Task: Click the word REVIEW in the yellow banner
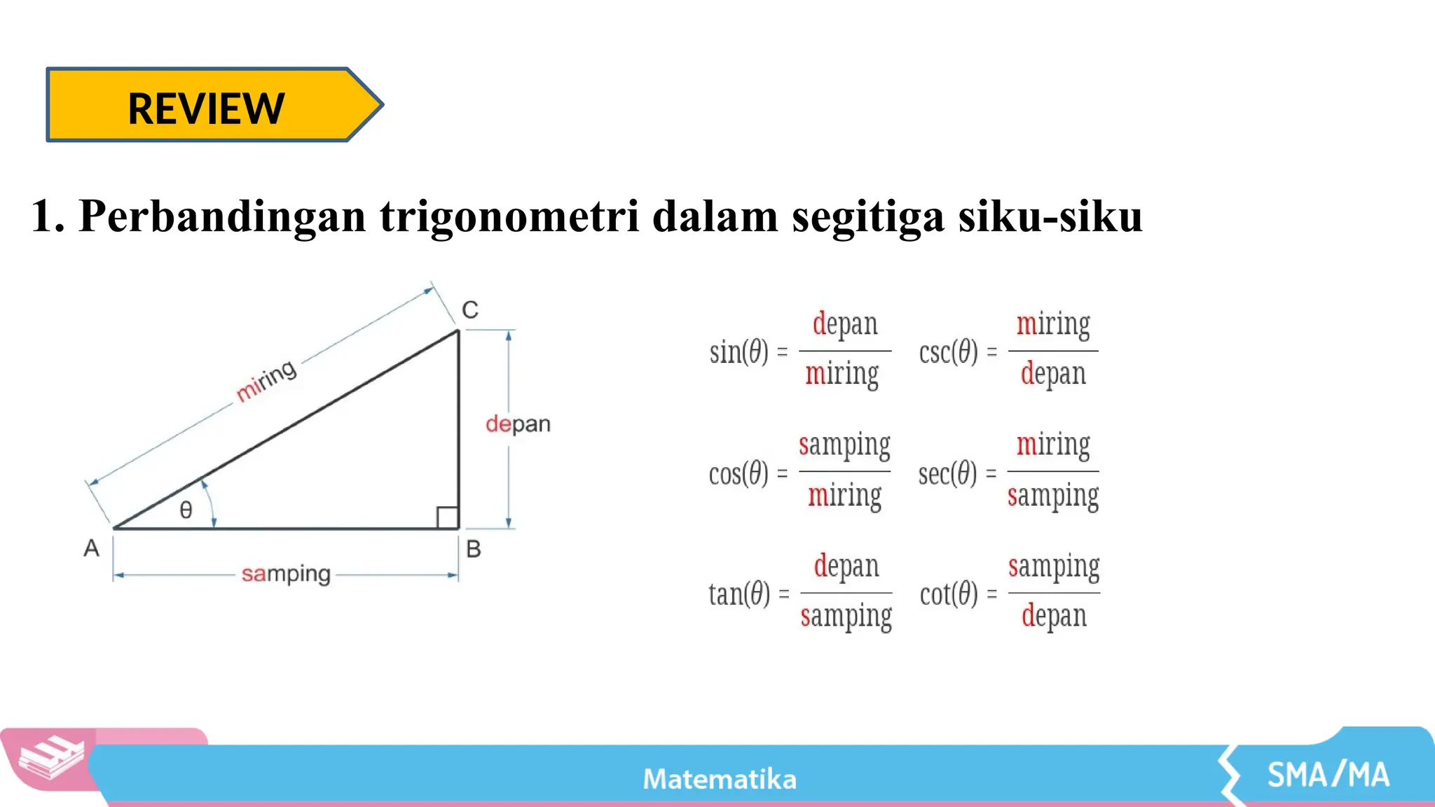point(206,109)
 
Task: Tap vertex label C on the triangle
point(470,310)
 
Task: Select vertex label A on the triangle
point(92,548)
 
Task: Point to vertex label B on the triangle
point(474,549)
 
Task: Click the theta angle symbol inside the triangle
point(186,509)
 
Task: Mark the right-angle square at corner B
point(447,518)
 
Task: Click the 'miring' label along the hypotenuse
point(266,380)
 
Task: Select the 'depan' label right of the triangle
point(518,424)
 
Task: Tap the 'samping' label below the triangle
point(286,574)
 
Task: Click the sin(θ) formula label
point(739,352)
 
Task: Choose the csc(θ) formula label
point(948,352)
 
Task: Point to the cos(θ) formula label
point(739,474)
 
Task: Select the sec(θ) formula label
point(948,474)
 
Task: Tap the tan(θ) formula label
point(739,595)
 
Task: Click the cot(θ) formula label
point(949,595)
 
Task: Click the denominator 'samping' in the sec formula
point(1053,496)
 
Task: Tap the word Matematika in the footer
point(720,779)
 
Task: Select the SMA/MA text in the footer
point(1328,775)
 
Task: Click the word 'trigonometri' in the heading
point(509,216)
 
